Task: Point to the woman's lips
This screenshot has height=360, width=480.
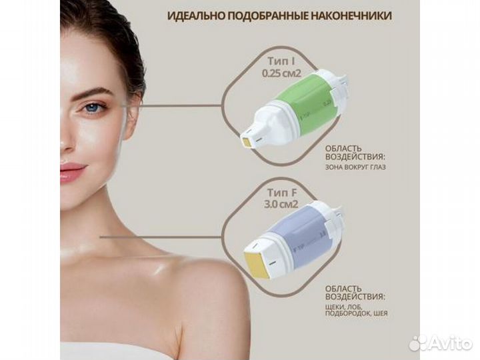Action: pos(72,171)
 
